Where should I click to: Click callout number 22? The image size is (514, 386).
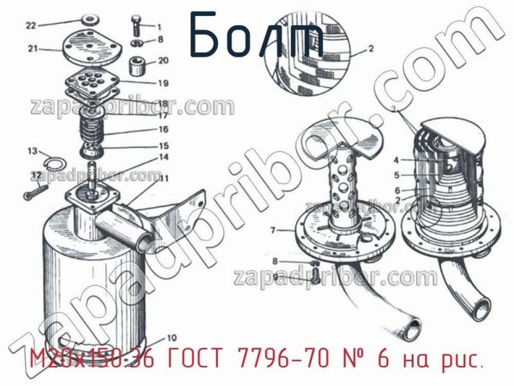30,26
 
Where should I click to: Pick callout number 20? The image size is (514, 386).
163,62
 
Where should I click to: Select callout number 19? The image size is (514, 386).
163,83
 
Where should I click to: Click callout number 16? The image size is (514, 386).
163,129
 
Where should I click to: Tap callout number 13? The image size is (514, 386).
31,151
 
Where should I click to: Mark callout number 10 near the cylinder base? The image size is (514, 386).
172,338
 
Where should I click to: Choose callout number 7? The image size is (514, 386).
272,230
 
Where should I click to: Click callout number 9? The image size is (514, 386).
275,277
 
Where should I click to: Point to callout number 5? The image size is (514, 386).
396,174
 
